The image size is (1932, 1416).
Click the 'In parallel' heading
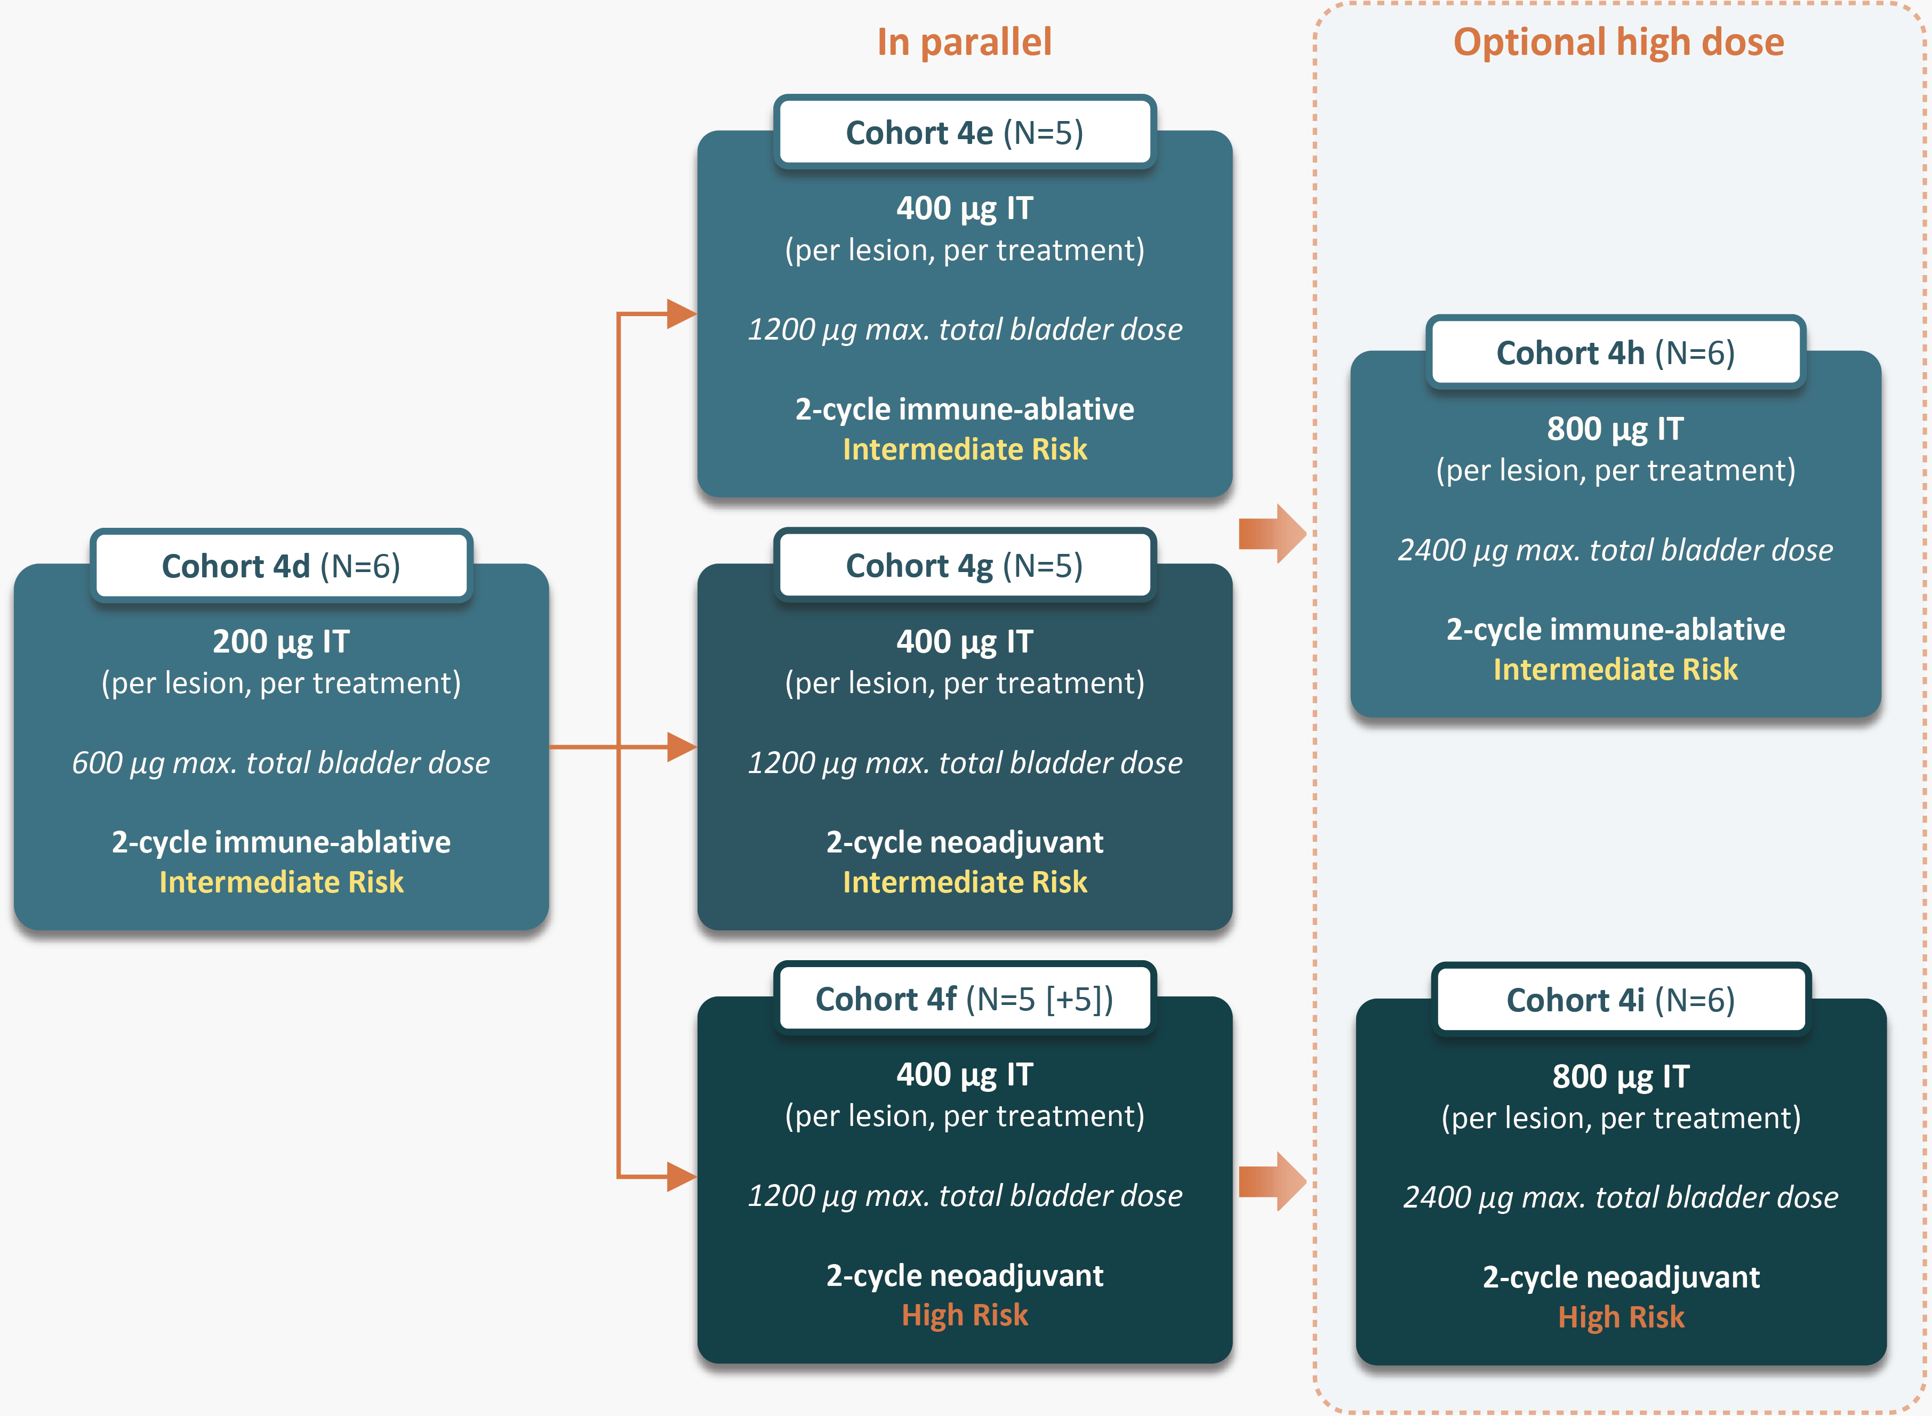coord(964,42)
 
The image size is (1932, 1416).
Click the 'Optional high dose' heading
coord(1618,42)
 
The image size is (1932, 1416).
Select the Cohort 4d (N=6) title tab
coord(281,566)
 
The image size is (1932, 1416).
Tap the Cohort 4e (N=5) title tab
coord(964,133)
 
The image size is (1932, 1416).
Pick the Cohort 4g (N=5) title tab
coord(964,566)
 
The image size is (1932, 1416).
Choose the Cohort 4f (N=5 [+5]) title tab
coord(964,999)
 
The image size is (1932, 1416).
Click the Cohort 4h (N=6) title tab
coord(1616,352)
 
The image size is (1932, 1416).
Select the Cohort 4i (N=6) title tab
coord(1621,1000)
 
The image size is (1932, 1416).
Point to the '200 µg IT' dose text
coord(281,641)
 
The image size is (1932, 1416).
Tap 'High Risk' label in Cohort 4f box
coord(964,1315)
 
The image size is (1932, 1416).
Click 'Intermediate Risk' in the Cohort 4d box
coord(281,882)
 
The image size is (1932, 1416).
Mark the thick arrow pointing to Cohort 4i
coord(1272,1181)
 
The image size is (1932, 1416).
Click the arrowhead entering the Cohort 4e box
coord(682,313)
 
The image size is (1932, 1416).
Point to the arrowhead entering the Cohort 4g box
coord(682,746)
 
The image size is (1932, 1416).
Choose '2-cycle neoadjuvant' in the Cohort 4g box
coord(964,842)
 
